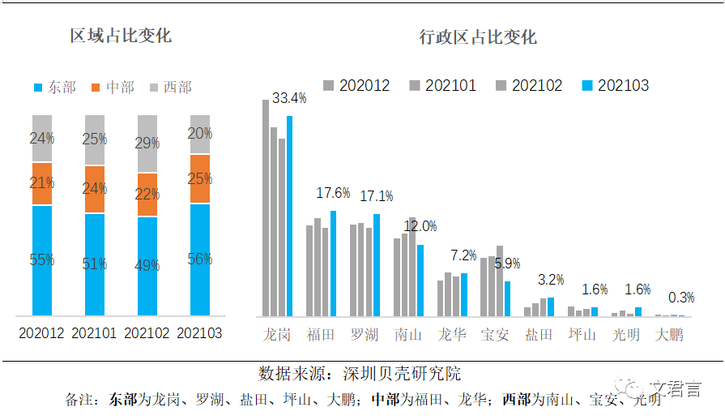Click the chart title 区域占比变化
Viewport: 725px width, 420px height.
121,36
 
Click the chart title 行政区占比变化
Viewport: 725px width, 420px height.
478,37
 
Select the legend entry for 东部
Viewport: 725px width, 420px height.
55,87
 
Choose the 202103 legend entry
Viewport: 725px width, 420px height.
616,85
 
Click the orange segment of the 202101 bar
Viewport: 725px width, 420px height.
95,189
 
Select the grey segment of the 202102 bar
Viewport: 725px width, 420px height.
147,144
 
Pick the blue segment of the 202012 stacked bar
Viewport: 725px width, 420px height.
42,260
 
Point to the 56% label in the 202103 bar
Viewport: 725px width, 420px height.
200,259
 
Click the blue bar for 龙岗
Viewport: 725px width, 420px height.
289,216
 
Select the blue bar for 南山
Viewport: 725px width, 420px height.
420,280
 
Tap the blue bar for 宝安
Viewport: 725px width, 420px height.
508,298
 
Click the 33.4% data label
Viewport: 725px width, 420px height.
289,98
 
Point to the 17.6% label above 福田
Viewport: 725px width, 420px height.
333,193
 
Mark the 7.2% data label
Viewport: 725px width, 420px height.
463,255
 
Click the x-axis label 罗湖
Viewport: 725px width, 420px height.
365,334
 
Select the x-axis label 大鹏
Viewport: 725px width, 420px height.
669,334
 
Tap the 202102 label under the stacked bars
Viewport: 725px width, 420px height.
147,332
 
